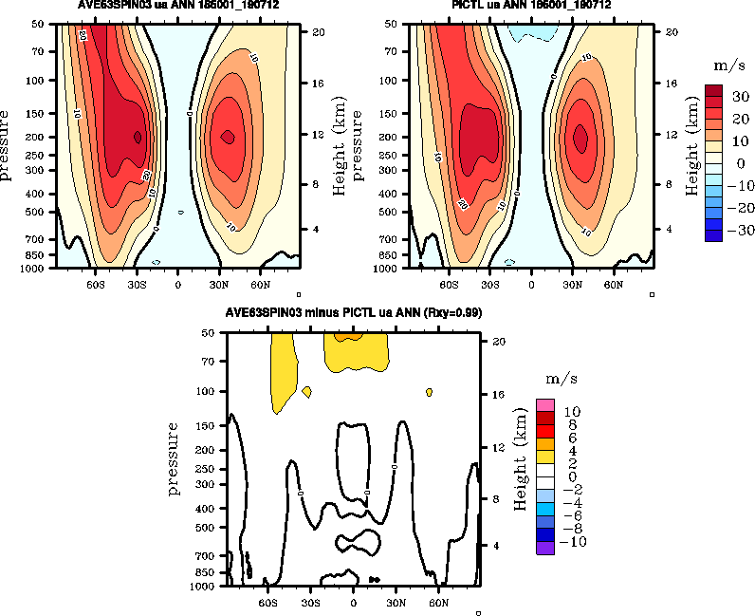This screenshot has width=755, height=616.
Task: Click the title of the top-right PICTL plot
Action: (x=530, y=5)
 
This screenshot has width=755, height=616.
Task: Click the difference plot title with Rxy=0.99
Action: (x=354, y=313)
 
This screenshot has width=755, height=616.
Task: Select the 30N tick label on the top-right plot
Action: (x=572, y=284)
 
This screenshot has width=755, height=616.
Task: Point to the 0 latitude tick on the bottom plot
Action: (x=354, y=602)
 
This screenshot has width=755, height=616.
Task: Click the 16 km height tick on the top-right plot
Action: (x=669, y=84)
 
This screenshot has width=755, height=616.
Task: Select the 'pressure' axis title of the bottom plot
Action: (x=175, y=459)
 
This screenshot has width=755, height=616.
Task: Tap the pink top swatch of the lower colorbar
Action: (x=545, y=405)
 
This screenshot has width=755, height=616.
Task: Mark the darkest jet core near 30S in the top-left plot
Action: (x=138, y=137)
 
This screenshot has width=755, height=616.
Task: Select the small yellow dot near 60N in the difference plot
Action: (x=430, y=392)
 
